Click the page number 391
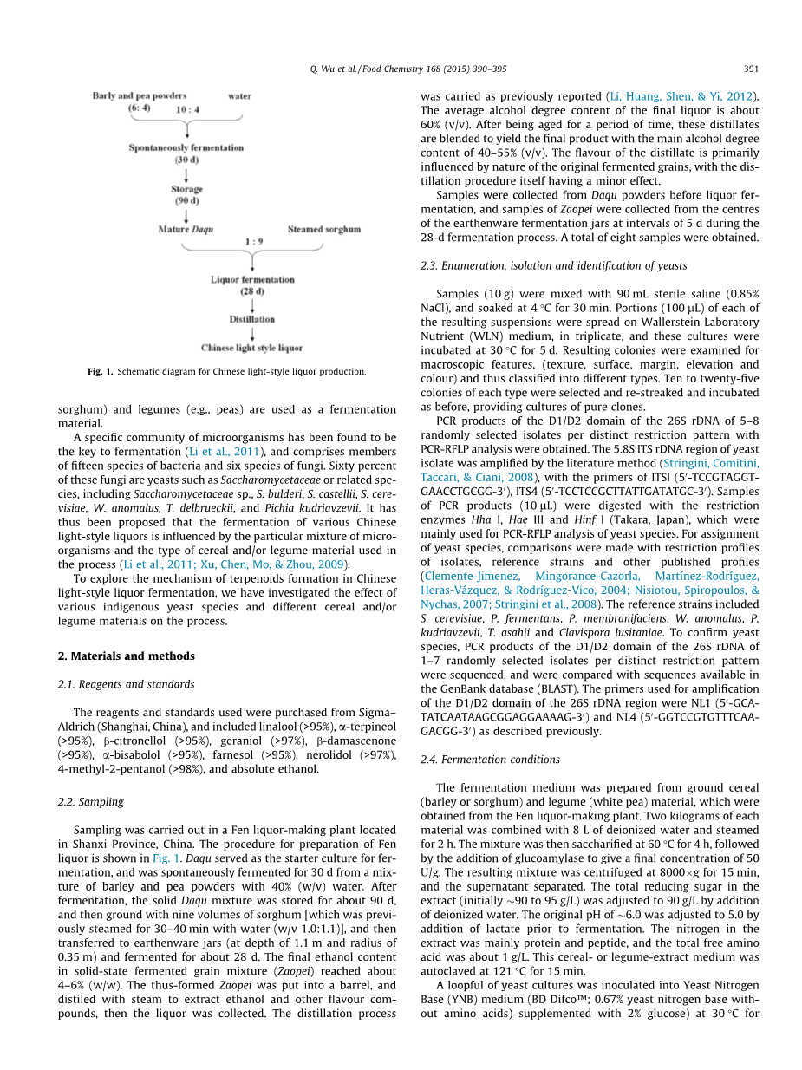[x=752, y=69]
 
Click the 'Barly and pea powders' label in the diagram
[x=139, y=96]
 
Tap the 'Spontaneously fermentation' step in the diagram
[x=186, y=148]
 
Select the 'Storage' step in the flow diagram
[x=186, y=189]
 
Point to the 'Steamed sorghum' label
[x=323, y=230]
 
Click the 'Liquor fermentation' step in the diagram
[x=252, y=280]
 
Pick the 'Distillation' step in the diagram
[x=252, y=319]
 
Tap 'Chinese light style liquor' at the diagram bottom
[x=252, y=349]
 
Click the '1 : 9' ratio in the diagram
[x=253, y=241]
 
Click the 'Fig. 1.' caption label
[x=101, y=372]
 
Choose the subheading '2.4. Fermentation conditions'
[x=490, y=760]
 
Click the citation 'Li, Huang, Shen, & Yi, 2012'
[x=680, y=96]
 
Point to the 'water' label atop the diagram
[x=239, y=96]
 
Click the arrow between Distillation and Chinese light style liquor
[x=252, y=334]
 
